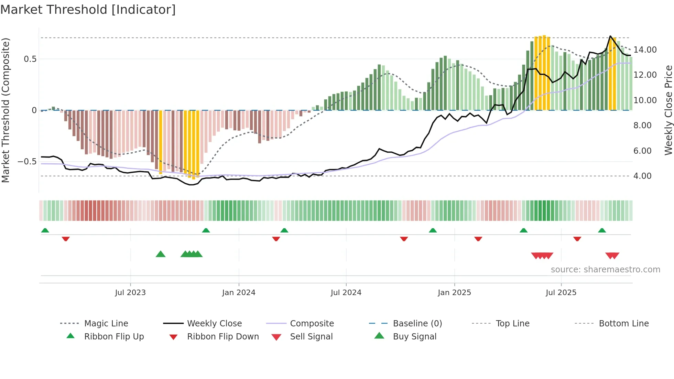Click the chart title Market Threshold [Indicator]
(88, 10)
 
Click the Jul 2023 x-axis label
(130, 293)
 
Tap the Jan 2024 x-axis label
(239, 293)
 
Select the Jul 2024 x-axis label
(346, 293)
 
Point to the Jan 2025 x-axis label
(454, 293)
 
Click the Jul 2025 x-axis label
(561, 293)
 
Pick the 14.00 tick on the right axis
(645, 50)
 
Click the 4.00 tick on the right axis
(642, 176)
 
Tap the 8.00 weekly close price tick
(642, 126)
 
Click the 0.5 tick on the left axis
(30, 59)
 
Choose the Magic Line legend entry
(106, 324)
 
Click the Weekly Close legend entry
(214, 324)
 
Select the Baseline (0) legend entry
(417, 324)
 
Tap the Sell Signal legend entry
(311, 337)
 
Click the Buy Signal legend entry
(414, 337)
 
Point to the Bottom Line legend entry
(623, 324)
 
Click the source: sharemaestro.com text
(605, 270)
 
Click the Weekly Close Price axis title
(668, 110)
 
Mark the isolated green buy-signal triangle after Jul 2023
(161, 255)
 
